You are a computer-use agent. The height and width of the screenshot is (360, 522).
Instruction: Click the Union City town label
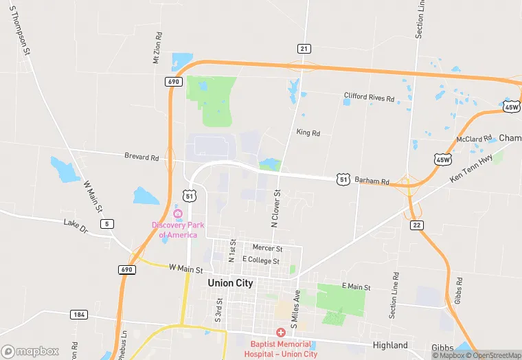click(230, 283)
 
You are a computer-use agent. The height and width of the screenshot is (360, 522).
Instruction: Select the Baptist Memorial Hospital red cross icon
click(281, 332)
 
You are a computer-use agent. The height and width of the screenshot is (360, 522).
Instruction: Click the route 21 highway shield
click(304, 48)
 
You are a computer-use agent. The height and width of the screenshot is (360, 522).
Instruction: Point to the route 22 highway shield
click(416, 225)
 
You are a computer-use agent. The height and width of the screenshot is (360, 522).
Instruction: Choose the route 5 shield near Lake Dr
click(106, 224)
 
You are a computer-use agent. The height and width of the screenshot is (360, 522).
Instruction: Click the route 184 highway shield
click(78, 315)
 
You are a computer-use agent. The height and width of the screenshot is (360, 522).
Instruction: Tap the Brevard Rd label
click(141, 157)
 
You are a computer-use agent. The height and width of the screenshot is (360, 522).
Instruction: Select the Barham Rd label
click(372, 181)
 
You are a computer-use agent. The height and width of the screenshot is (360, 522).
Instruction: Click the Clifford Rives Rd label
click(369, 98)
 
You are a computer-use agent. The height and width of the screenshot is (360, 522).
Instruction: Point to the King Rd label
click(308, 133)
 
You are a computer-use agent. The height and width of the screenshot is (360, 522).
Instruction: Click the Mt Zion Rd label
click(157, 48)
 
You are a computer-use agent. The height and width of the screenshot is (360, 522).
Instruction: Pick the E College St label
click(260, 261)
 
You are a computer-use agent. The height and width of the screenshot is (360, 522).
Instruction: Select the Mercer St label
click(267, 248)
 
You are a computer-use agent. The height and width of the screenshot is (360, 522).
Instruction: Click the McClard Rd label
click(474, 139)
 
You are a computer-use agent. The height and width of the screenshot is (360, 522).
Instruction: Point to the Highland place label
click(390, 346)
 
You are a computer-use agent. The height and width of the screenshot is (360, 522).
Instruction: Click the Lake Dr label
click(76, 223)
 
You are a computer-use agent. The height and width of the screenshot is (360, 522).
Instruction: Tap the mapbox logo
click(30, 351)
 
